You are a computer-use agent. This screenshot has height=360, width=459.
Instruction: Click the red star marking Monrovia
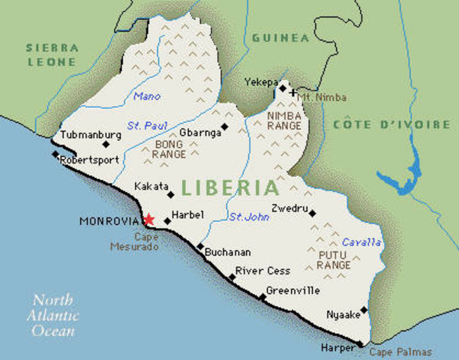(x=148, y=220)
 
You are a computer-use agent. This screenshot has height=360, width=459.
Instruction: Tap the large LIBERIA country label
(x=229, y=185)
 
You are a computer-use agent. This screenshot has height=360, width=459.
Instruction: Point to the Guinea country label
(x=280, y=37)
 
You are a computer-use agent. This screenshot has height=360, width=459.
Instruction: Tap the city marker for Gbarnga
(x=225, y=127)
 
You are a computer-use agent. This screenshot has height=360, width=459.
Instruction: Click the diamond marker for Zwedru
(x=312, y=213)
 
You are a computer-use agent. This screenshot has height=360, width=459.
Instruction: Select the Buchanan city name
(x=228, y=253)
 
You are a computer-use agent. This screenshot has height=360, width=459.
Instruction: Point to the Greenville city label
(x=293, y=290)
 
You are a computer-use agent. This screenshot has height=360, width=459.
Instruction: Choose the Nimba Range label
(x=284, y=121)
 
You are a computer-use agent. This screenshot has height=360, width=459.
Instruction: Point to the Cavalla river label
(x=361, y=242)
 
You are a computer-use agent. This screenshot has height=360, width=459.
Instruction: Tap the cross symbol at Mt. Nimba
(x=292, y=94)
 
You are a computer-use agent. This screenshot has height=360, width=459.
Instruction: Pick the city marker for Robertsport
(x=55, y=154)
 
